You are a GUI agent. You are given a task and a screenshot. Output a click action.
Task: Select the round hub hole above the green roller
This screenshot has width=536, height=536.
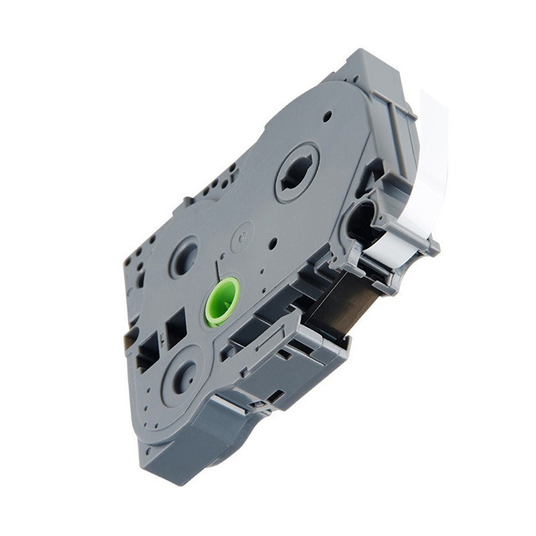(x=184, y=255)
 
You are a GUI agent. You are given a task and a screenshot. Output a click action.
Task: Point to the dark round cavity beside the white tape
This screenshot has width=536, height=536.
(x=362, y=221)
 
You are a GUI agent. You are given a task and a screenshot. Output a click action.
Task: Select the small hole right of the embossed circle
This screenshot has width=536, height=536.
(x=272, y=243)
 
